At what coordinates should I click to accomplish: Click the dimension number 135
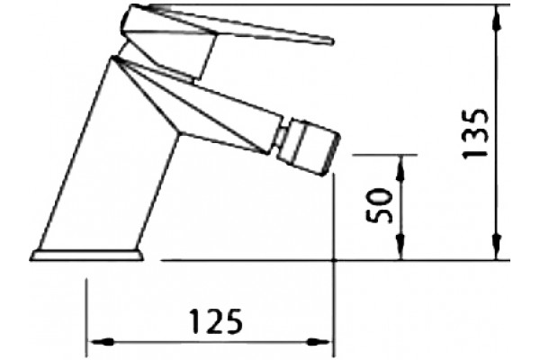(474, 133)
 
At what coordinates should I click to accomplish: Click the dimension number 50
(379, 205)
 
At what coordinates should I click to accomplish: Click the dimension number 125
(216, 321)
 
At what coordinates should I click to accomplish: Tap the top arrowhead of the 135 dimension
(497, 17)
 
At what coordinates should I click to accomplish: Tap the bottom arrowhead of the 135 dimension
(497, 247)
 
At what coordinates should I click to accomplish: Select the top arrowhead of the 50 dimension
(400, 168)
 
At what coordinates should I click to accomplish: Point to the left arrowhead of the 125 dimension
(101, 342)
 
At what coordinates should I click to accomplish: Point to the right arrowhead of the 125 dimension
(319, 342)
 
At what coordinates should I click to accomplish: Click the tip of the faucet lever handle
(333, 41)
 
